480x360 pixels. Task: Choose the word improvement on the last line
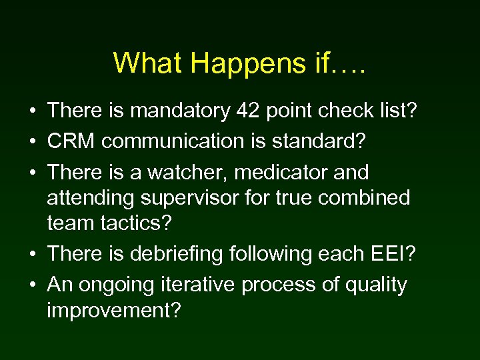113,311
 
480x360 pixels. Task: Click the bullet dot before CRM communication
33,142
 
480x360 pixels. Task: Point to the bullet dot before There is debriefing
33,255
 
